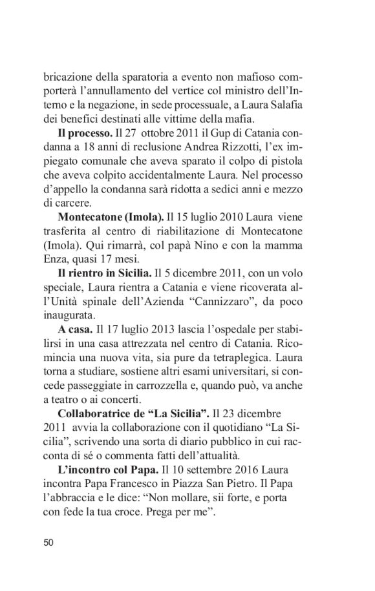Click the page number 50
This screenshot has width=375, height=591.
48,542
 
